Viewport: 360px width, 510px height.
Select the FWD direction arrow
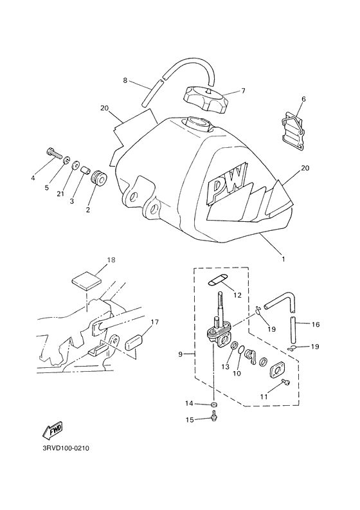click(x=51, y=430)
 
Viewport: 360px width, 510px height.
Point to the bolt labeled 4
click(x=55, y=154)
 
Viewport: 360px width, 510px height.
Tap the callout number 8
click(x=126, y=80)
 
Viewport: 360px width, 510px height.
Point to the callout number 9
click(x=181, y=353)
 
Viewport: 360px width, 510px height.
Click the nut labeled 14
click(x=214, y=404)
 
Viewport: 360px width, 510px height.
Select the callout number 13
click(x=224, y=366)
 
